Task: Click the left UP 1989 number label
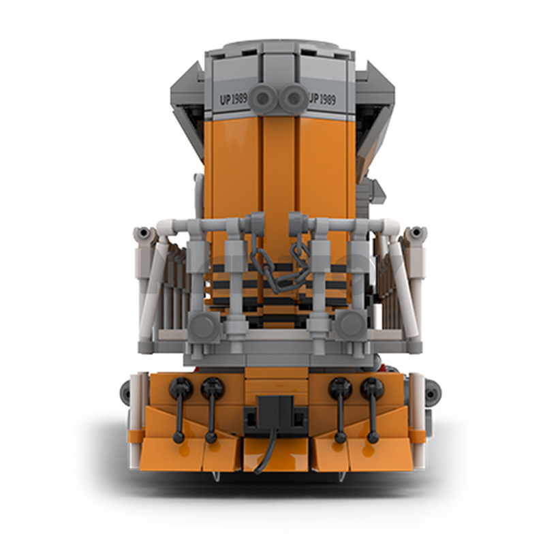(233, 99)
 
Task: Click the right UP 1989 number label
(322, 99)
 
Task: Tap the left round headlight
(263, 99)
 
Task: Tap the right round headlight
(294, 98)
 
